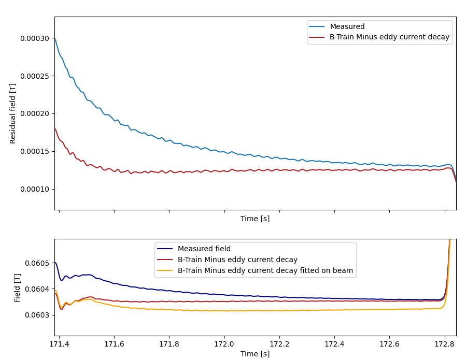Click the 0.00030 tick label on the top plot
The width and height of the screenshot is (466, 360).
[35, 38]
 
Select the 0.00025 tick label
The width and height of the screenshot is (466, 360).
[35, 76]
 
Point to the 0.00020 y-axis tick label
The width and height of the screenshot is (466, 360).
[35, 113]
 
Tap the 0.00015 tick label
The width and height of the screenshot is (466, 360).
[35, 151]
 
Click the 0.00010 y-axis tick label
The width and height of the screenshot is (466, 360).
[35, 189]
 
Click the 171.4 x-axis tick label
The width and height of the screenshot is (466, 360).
[59, 344]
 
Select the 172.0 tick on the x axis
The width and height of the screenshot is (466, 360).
[224, 344]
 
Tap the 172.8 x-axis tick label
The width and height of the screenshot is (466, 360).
[445, 344]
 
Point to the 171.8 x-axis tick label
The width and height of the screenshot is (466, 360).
[169, 344]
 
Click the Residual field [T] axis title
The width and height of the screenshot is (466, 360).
[13, 113]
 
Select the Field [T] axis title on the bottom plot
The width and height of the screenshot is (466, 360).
[18, 287]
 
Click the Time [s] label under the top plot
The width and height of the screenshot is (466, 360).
[255, 219]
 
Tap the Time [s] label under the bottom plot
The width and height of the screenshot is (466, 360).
[255, 354]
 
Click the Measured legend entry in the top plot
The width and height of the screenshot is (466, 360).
[347, 27]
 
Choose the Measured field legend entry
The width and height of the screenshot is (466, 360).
[204, 249]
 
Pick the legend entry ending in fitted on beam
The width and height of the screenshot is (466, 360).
[265, 270]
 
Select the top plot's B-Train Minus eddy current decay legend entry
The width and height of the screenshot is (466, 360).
[389, 37]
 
